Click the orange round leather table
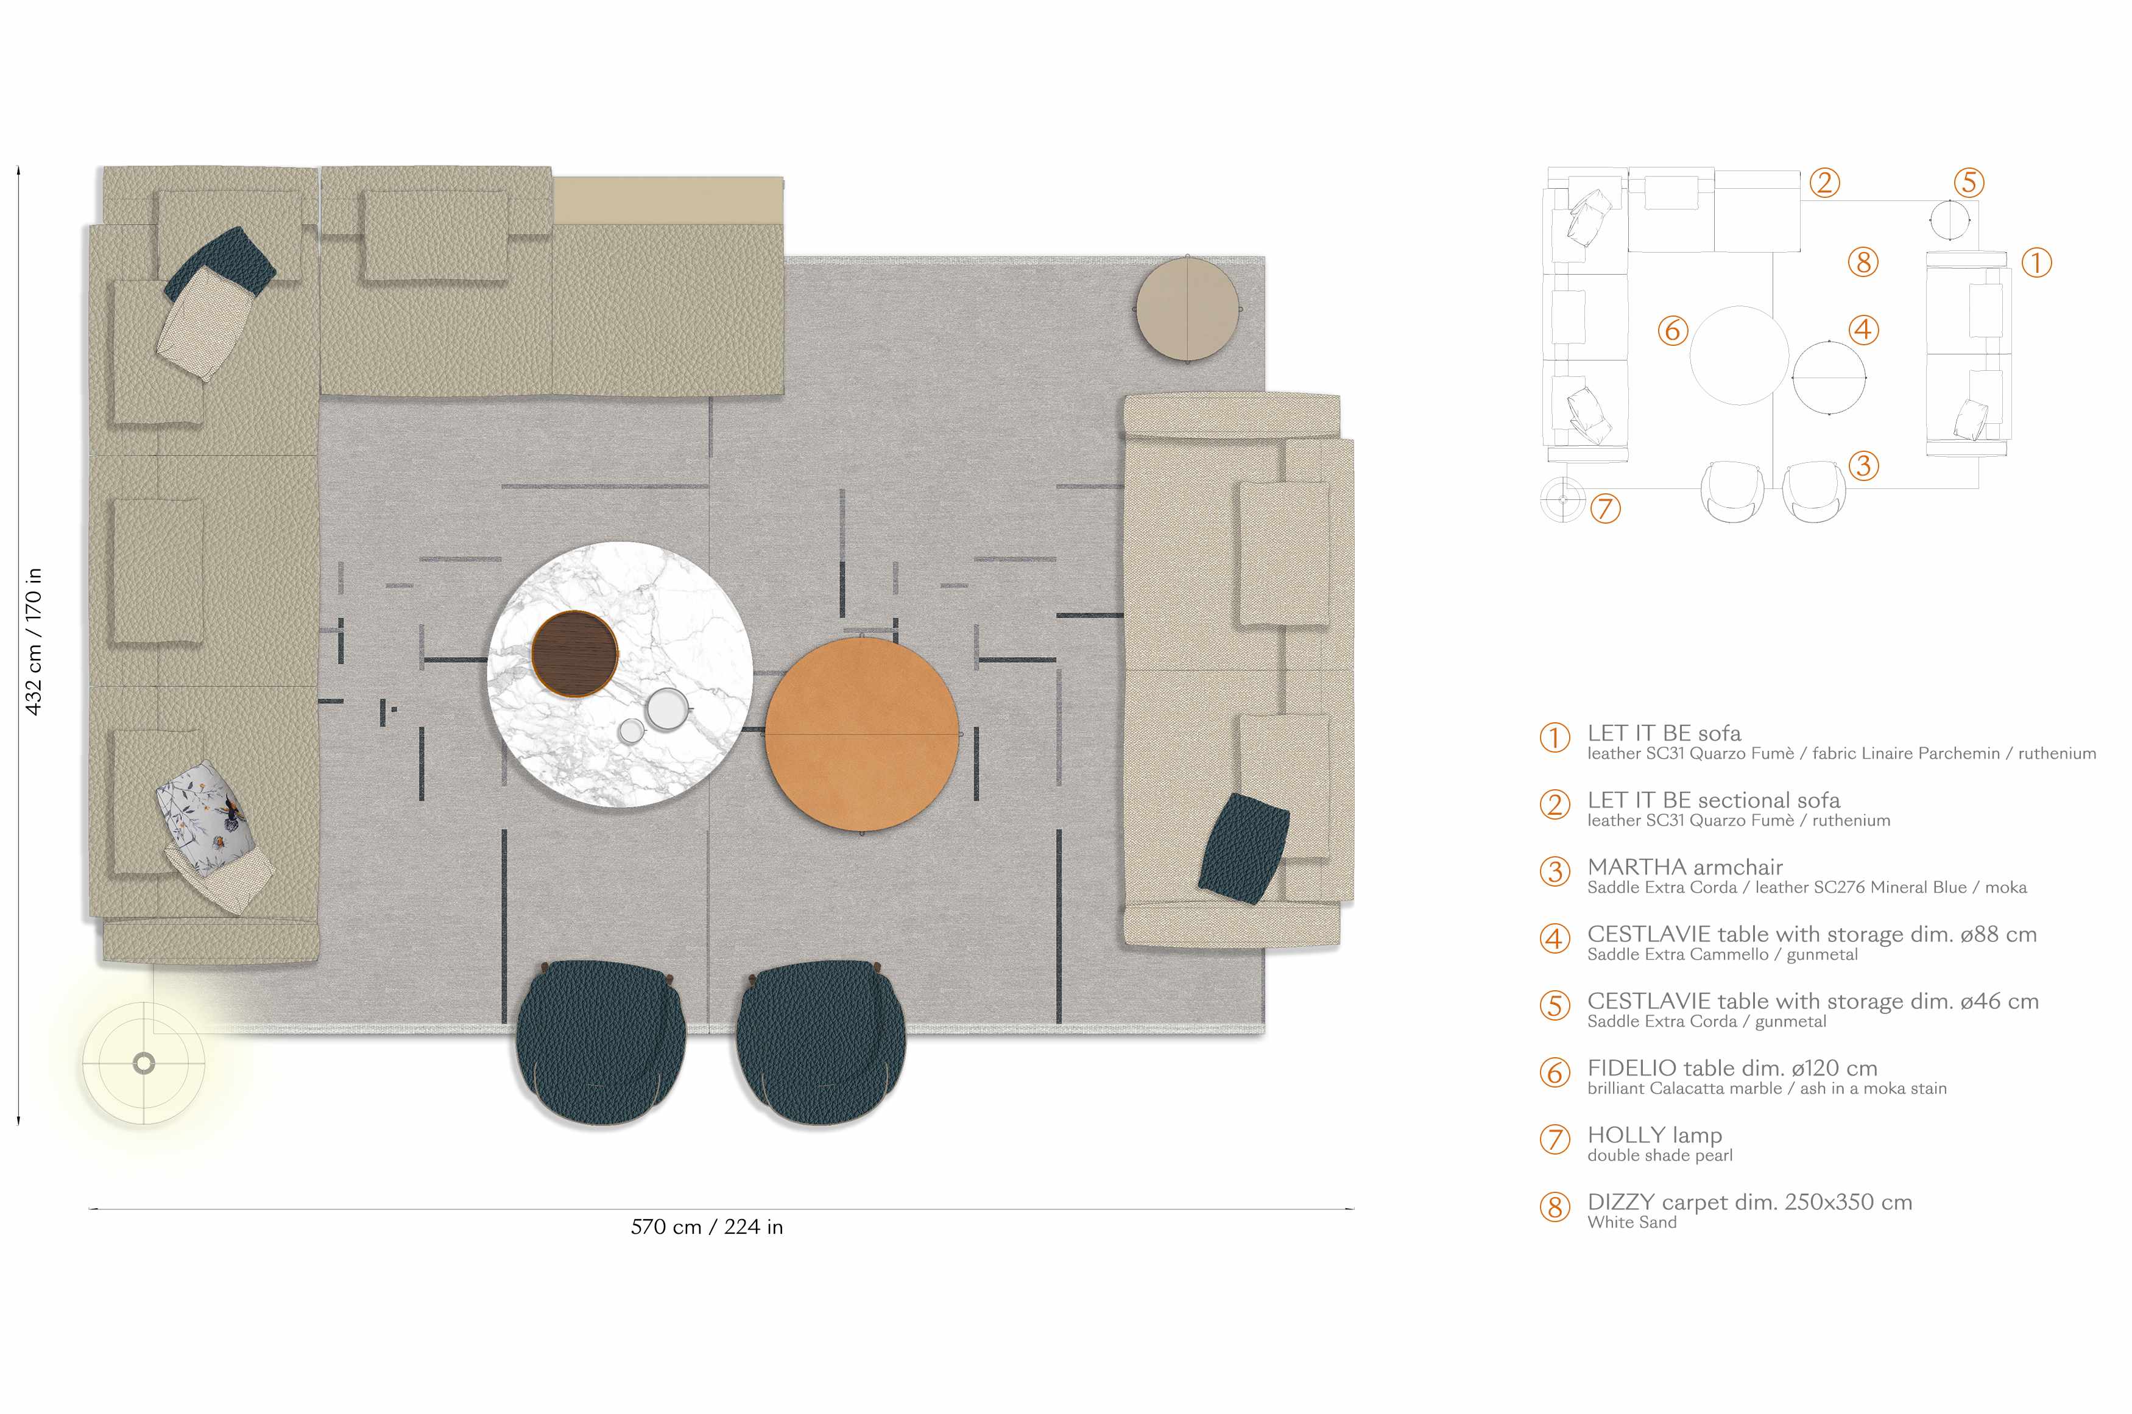(x=861, y=734)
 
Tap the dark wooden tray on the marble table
(x=574, y=653)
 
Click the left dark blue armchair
(x=601, y=1043)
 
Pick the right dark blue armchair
(x=821, y=1043)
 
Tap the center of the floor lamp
(x=143, y=1063)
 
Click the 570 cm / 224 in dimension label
(x=707, y=1226)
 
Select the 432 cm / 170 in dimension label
(x=34, y=641)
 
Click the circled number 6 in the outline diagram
(x=1673, y=330)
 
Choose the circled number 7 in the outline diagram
(x=1605, y=508)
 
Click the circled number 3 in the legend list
(x=1555, y=872)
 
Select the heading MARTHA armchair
(x=1685, y=867)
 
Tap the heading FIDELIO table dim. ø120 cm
(x=1732, y=1068)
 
